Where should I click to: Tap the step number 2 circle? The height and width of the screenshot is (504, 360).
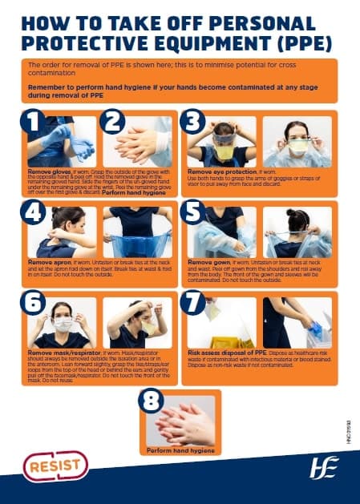click(x=112, y=123)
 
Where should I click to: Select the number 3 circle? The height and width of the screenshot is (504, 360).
click(x=195, y=123)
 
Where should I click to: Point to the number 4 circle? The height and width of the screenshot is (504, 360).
click(x=33, y=214)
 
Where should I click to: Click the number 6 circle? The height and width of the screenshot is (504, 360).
click(x=33, y=306)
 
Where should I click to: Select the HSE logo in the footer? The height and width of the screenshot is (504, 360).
click(x=323, y=466)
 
